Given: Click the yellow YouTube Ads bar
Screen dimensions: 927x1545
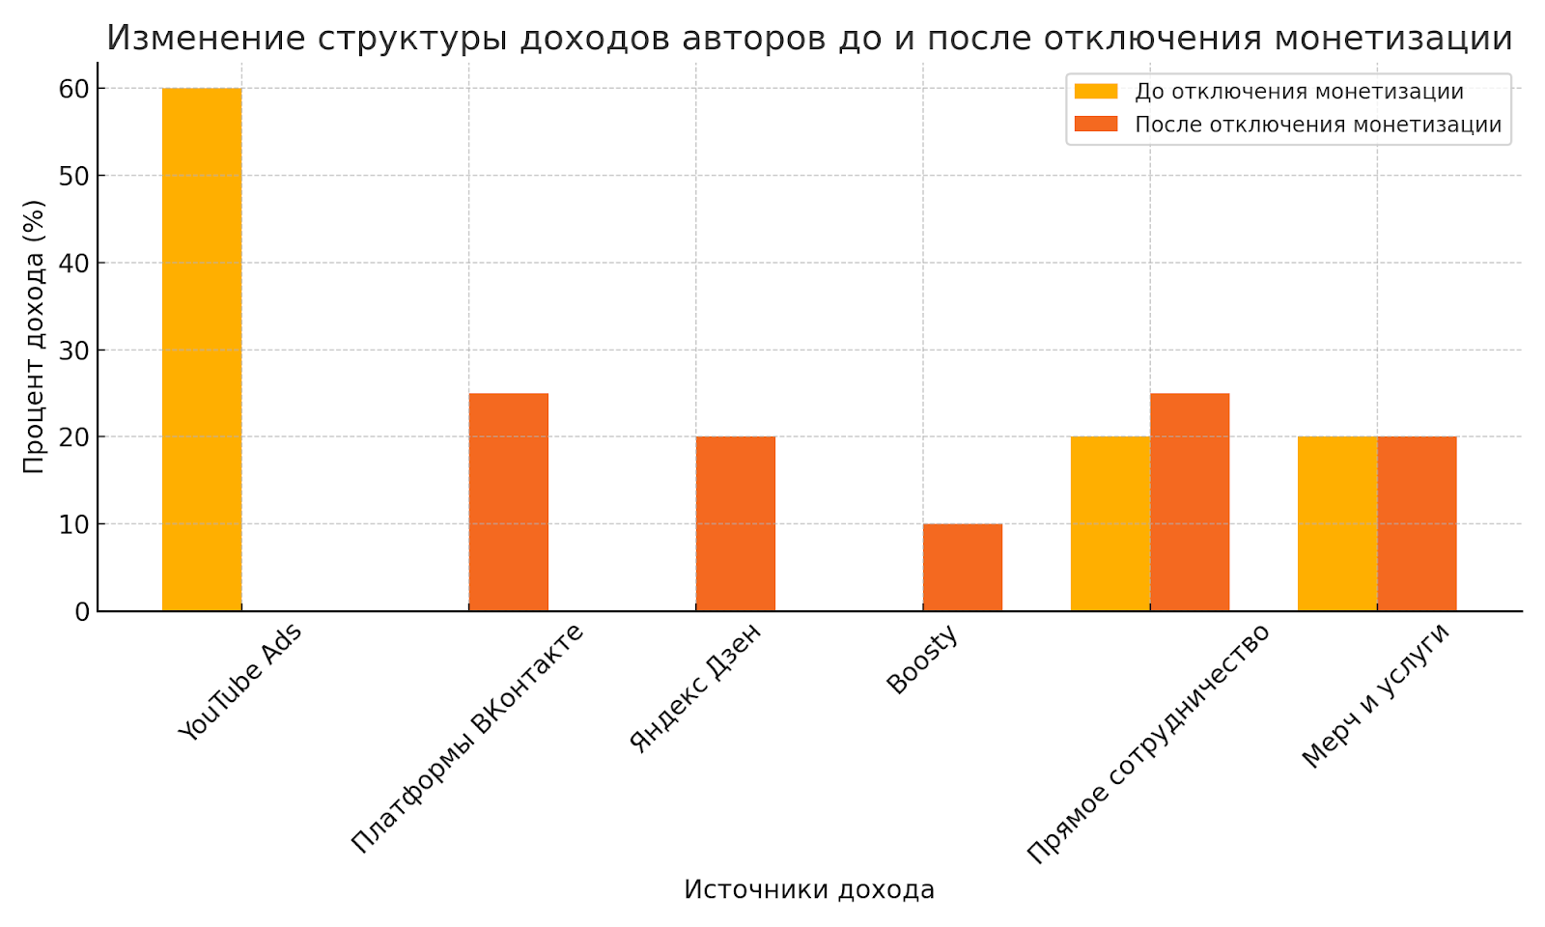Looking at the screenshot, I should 202,349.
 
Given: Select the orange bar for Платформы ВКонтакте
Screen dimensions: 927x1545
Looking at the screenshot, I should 508,502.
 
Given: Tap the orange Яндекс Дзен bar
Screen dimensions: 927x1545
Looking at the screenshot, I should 735,523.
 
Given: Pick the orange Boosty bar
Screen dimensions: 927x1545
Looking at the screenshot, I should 962,567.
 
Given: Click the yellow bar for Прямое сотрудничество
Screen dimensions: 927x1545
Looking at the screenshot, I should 1110,523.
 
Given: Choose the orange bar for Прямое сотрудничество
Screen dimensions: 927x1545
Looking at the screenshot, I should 1190,502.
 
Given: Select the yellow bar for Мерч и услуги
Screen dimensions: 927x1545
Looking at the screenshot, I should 1337,523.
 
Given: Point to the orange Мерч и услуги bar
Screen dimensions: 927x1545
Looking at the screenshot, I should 1417,523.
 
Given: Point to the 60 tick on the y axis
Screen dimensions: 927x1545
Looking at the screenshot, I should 74,89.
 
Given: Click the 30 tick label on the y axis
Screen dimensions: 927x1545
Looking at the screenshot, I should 74,351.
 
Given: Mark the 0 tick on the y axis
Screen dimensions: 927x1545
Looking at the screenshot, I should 82,611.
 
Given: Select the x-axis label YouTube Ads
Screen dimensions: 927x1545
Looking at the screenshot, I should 240,682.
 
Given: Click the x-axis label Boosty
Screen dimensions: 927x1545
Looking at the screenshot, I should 922,660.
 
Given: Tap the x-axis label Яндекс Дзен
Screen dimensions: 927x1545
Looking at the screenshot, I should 695,688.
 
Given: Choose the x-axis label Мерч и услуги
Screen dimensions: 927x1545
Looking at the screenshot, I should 1375,695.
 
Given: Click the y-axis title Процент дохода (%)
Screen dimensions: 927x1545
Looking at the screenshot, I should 34,336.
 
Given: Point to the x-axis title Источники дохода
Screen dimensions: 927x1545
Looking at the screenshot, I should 809,889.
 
